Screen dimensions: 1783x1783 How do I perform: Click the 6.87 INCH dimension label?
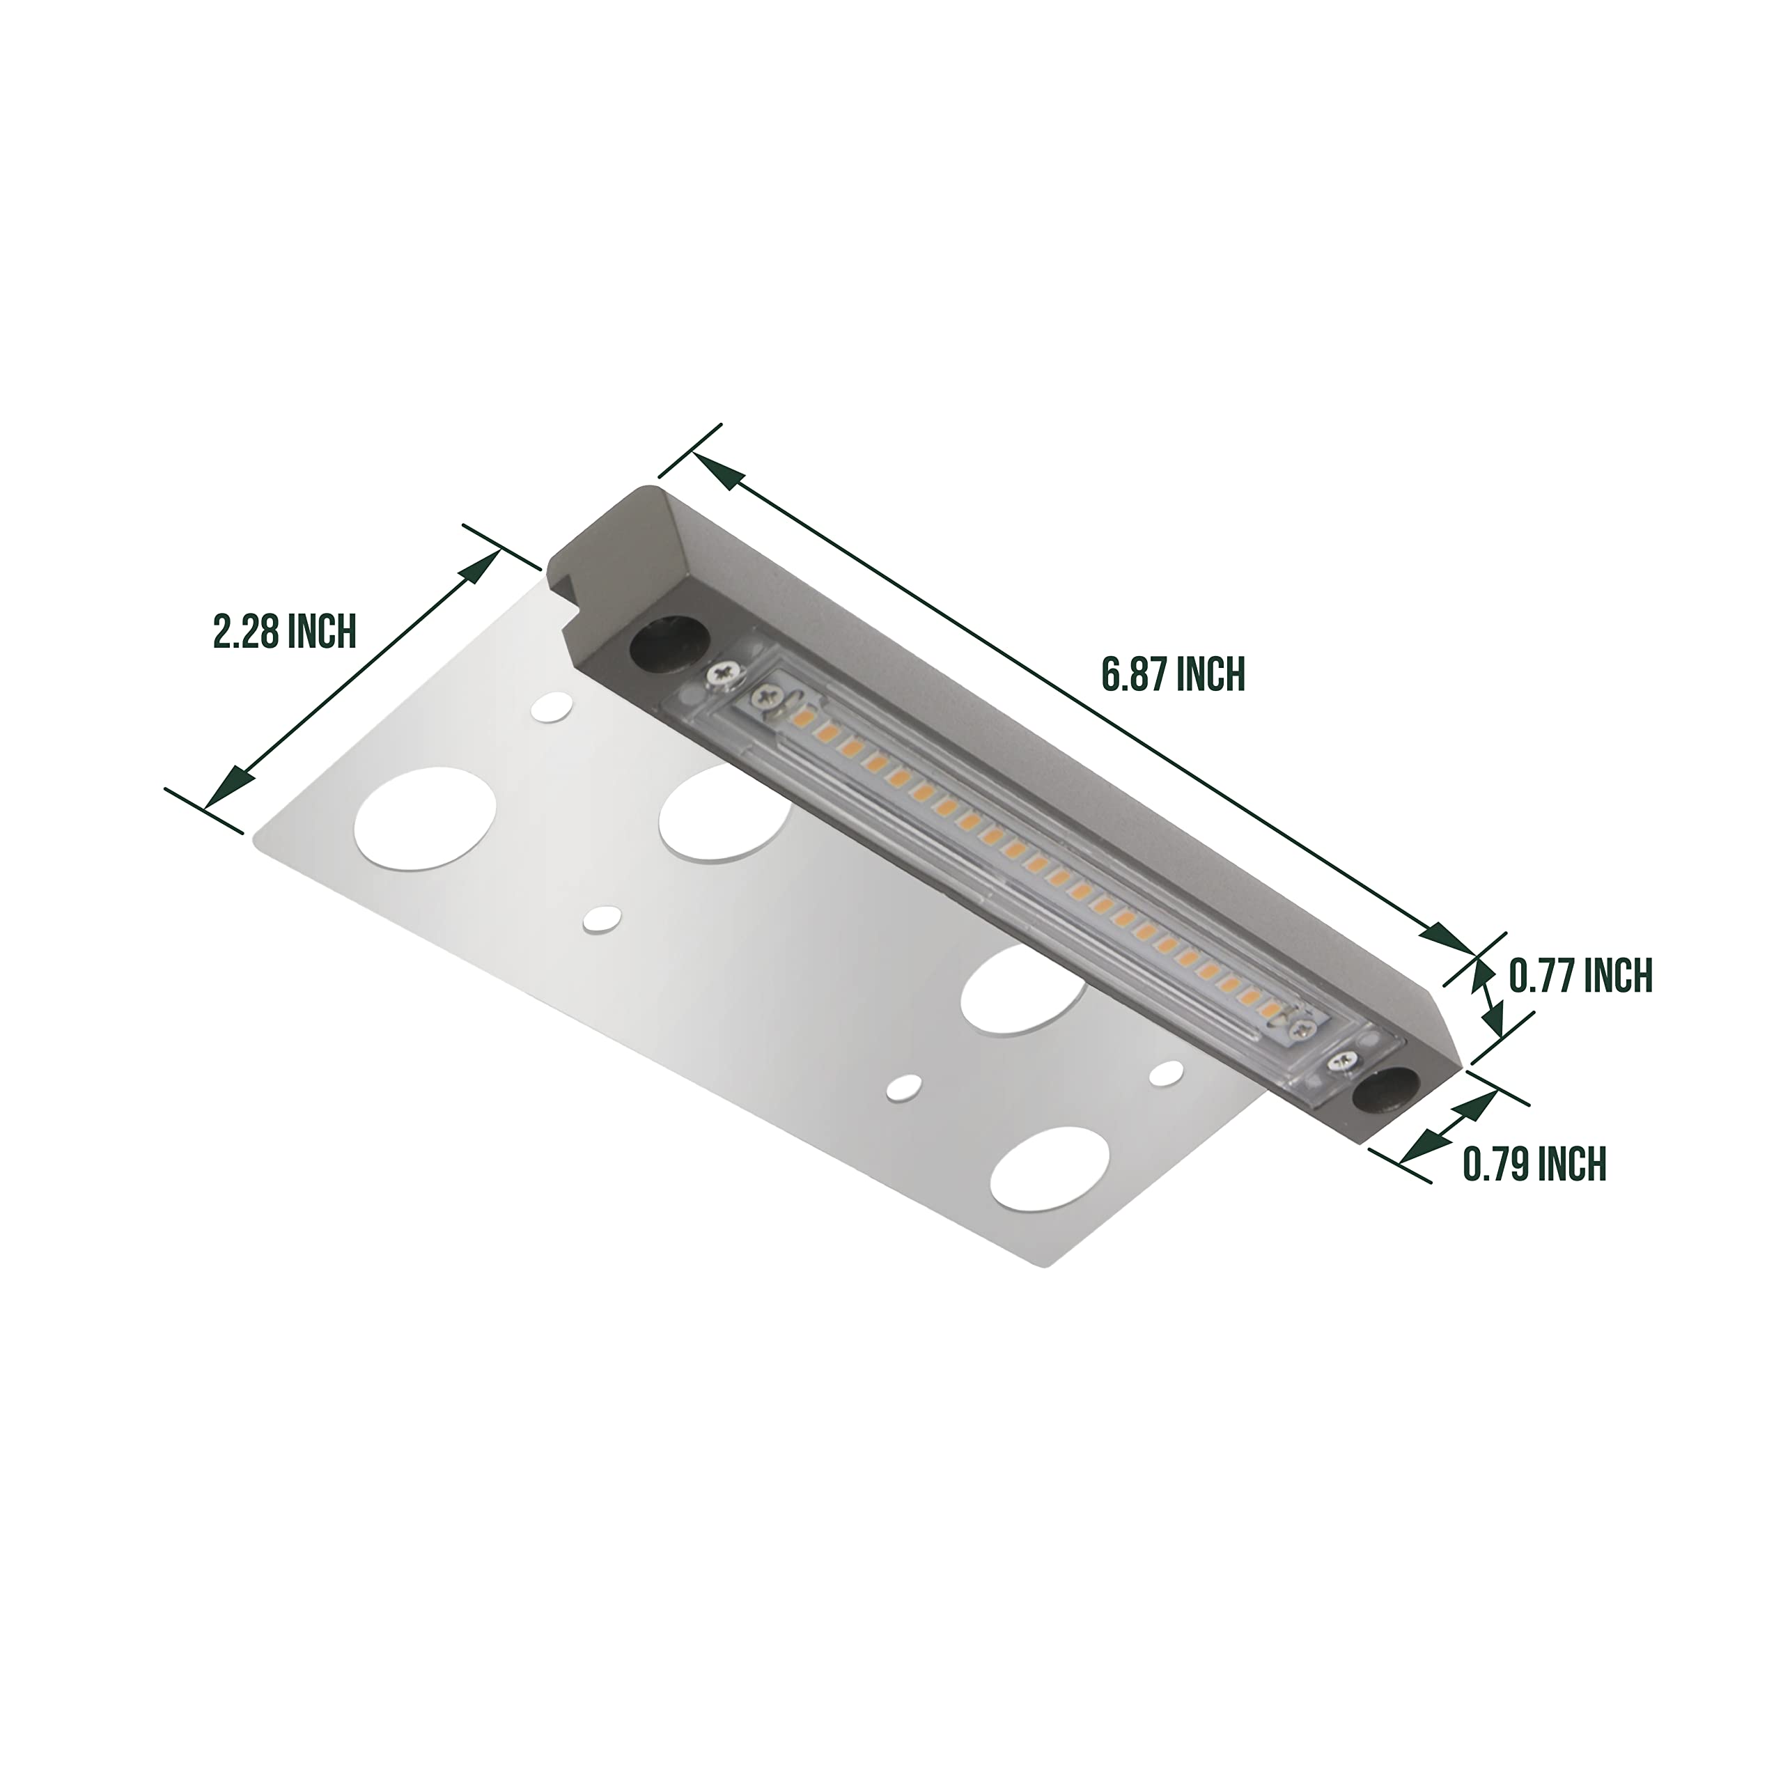pyautogui.click(x=1173, y=675)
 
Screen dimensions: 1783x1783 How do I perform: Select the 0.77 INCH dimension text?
pyautogui.click(x=1580, y=976)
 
